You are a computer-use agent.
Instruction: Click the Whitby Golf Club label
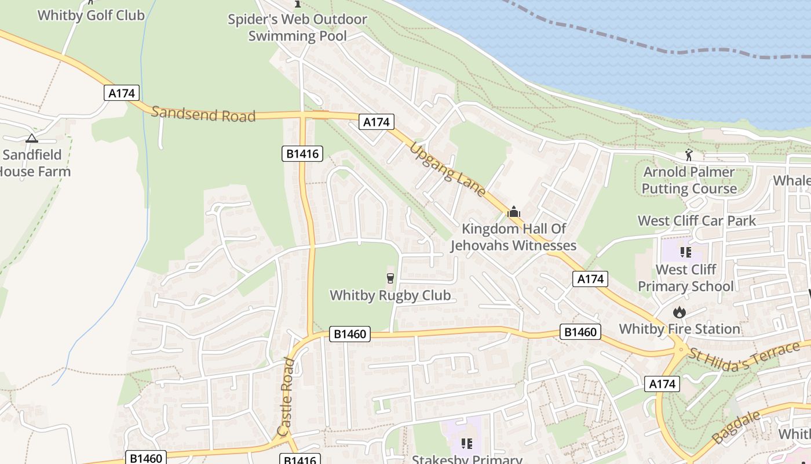(91, 15)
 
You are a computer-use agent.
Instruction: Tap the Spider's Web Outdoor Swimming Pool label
(297, 27)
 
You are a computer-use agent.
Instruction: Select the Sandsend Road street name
(203, 114)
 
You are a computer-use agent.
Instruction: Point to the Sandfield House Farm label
(35, 163)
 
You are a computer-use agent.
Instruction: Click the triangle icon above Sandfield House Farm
(31, 138)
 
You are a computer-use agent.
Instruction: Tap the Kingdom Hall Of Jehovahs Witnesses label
(513, 237)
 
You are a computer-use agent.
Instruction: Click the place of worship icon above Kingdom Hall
(513, 212)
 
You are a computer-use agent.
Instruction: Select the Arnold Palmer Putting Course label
(689, 180)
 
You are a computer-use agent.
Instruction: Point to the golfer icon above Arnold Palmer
(689, 155)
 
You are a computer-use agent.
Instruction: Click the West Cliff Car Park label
(697, 220)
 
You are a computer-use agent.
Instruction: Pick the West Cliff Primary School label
(686, 278)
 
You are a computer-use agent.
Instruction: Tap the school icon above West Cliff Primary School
(686, 252)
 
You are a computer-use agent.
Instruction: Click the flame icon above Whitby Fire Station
(679, 313)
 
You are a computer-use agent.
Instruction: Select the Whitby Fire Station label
(680, 329)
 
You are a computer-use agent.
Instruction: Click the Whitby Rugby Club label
(390, 295)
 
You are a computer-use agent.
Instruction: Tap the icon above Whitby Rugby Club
(390, 278)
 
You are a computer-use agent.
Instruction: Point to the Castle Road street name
(286, 397)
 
